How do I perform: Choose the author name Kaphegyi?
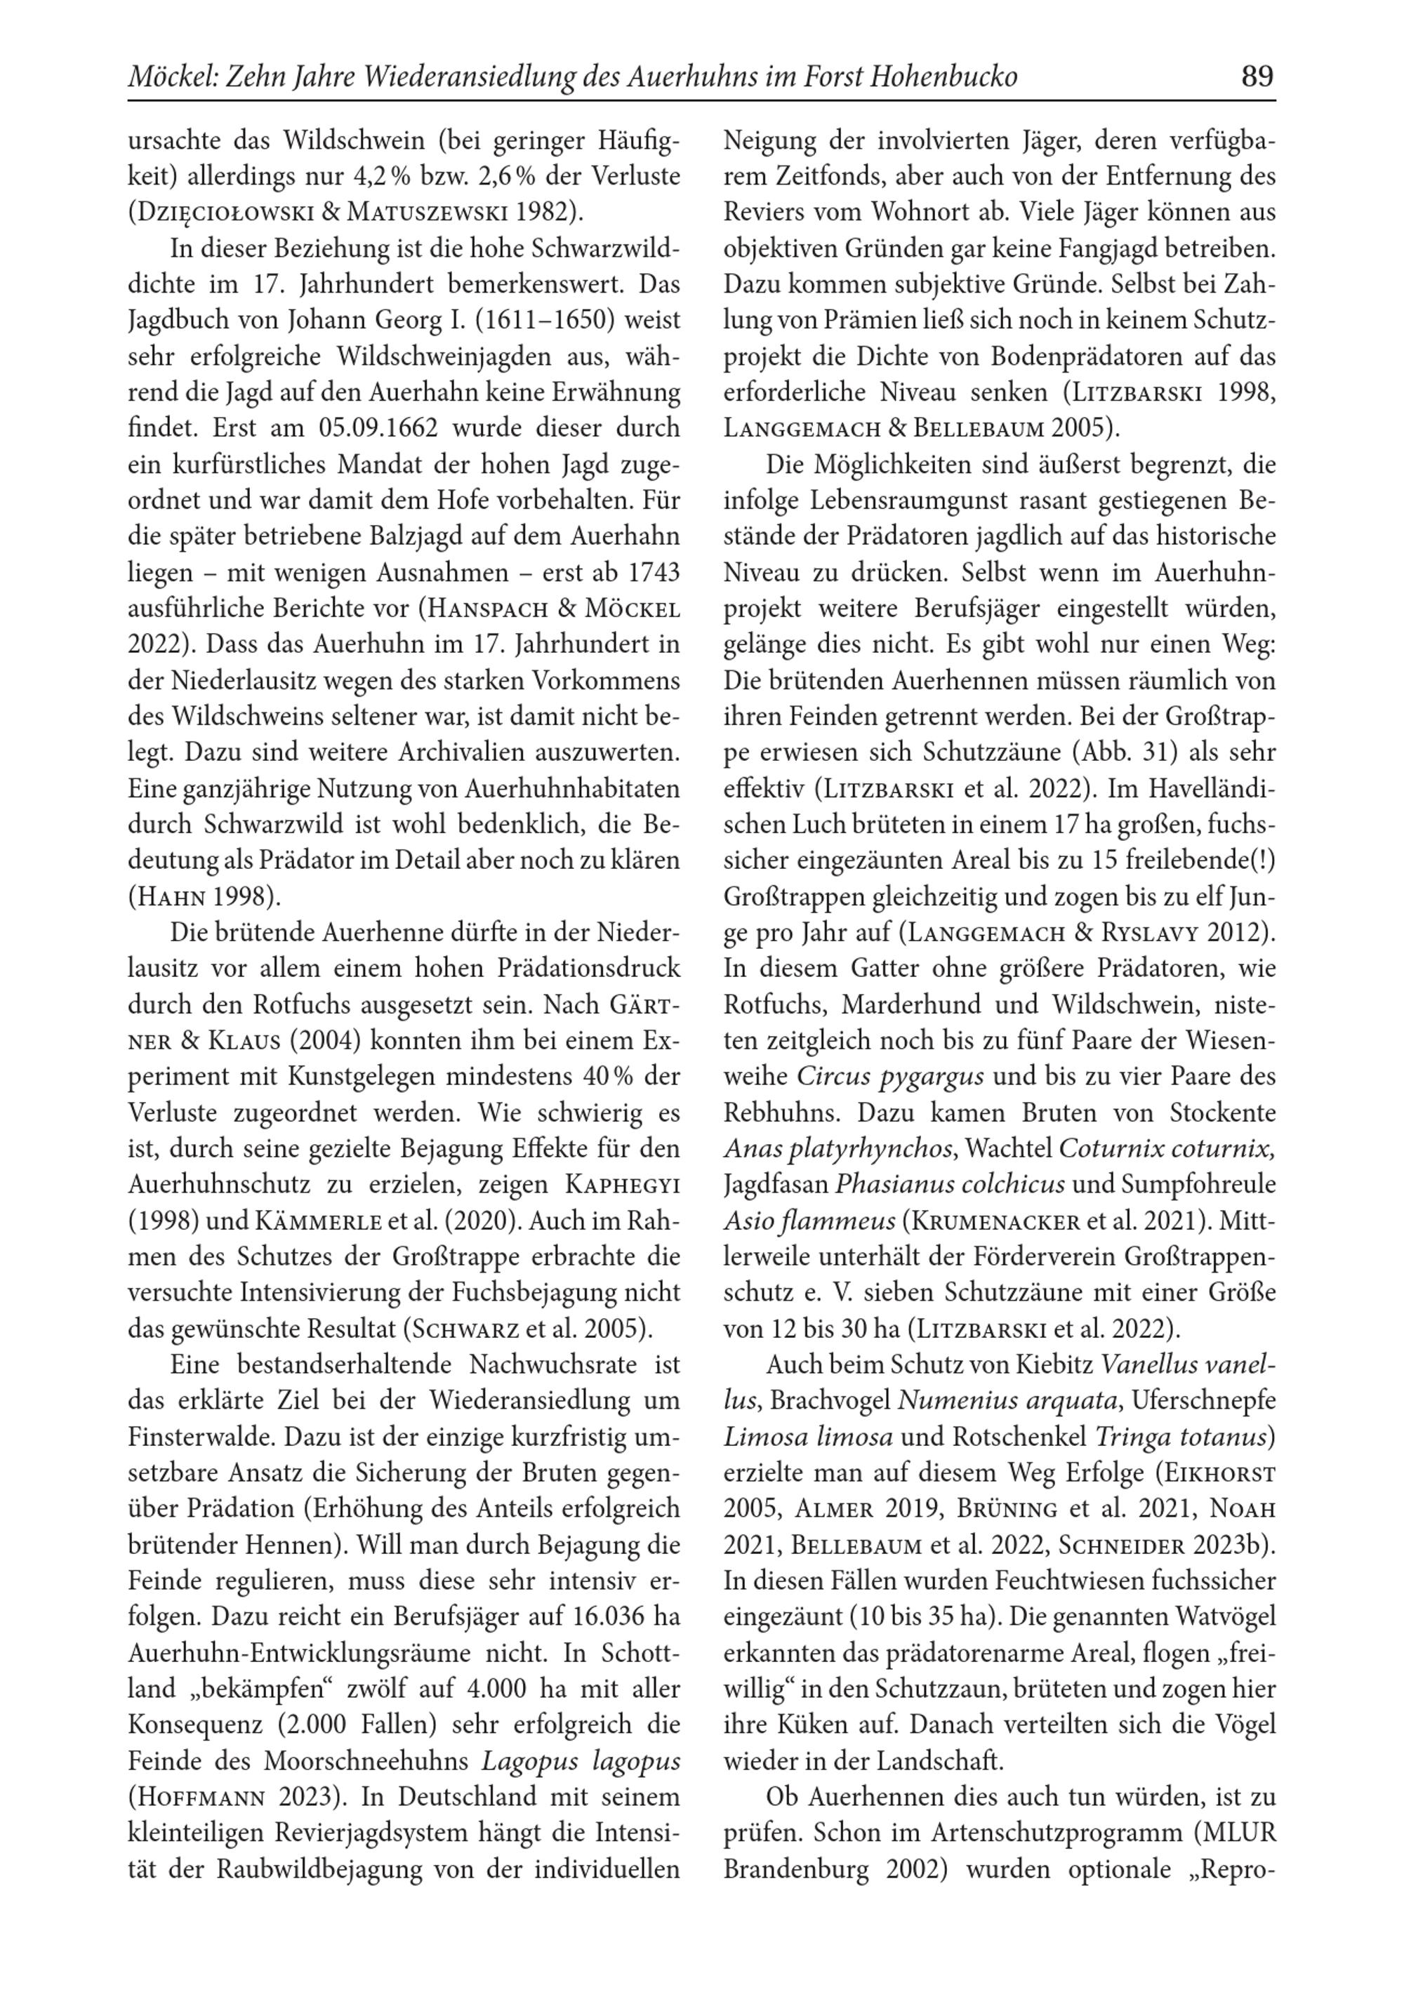click(x=623, y=1185)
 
